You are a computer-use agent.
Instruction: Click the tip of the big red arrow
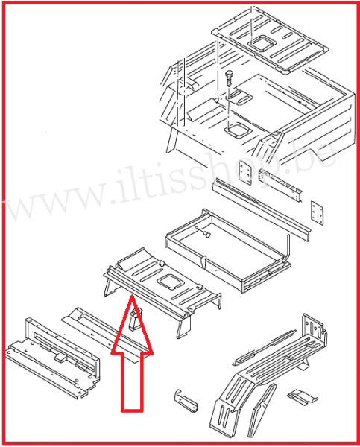132,297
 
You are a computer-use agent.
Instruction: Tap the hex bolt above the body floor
229,77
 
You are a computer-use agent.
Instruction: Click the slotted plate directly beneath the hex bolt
239,97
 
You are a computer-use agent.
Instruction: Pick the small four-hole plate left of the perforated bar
245,172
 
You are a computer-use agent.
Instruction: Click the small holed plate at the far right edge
317,213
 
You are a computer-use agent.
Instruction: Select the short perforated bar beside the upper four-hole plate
280,186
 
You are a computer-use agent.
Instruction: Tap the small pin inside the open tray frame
206,235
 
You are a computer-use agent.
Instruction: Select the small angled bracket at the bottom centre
186,401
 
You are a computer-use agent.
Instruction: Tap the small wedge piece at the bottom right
302,397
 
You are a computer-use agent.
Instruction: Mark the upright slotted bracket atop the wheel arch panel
315,331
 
